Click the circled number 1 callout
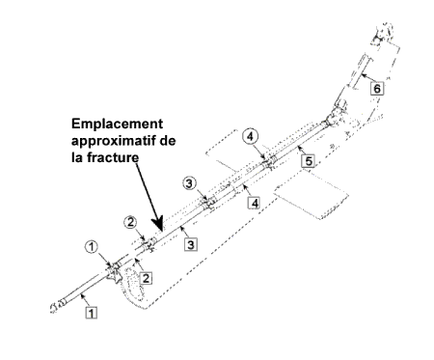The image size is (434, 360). (92, 247)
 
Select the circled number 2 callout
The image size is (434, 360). (130, 222)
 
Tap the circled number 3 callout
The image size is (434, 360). (189, 183)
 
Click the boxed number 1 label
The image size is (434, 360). (92, 313)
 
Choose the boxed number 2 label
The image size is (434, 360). (146, 278)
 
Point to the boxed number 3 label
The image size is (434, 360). (191, 244)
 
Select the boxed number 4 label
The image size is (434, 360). (255, 203)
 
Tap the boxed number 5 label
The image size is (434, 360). (309, 160)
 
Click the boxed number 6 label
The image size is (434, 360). (377, 88)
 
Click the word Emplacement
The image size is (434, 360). (118, 125)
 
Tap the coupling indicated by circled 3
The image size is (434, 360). (208, 204)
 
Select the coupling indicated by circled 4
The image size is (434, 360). (269, 162)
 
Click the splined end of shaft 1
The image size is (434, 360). (58, 305)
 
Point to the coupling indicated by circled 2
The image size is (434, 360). (149, 245)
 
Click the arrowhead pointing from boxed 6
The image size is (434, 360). (363, 75)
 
